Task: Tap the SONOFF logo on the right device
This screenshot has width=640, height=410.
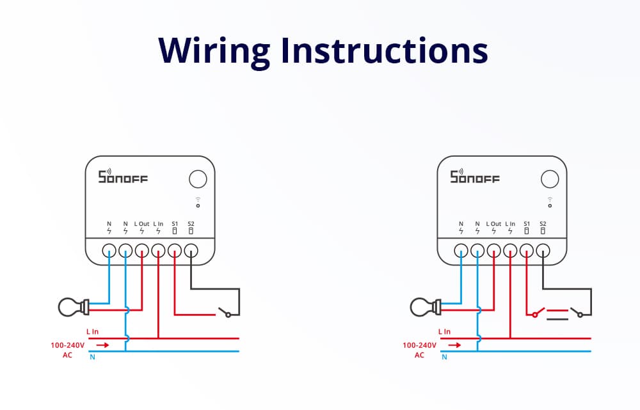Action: [474, 177]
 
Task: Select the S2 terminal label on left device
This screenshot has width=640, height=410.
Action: [191, 224]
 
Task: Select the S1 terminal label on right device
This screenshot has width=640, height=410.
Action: [527, 224]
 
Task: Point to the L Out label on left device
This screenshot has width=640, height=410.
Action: [141, 224]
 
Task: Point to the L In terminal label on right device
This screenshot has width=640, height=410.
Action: [510, 224]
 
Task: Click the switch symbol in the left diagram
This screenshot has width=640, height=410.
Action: [225, 313]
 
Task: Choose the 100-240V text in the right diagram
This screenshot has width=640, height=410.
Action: [419, 345]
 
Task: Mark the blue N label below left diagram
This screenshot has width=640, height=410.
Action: [92, 357]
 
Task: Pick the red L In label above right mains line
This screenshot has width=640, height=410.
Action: [444, 331]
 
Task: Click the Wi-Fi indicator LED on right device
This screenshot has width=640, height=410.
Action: [549, 206]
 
